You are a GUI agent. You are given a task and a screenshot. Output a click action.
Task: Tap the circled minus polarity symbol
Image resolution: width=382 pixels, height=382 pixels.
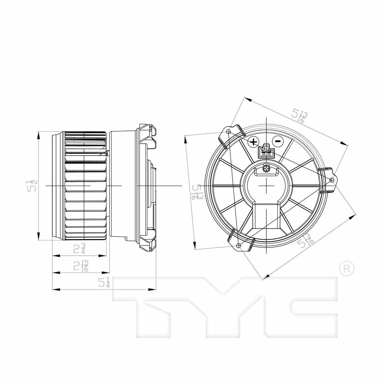(278, 141)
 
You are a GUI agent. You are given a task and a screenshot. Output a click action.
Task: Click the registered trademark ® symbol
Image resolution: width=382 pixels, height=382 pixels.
(347, 269)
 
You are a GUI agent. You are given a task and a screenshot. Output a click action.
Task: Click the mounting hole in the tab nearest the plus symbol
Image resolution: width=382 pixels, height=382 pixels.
(229, 132)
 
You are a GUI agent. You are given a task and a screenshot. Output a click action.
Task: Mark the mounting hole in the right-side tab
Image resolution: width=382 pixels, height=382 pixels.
(332, 180)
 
